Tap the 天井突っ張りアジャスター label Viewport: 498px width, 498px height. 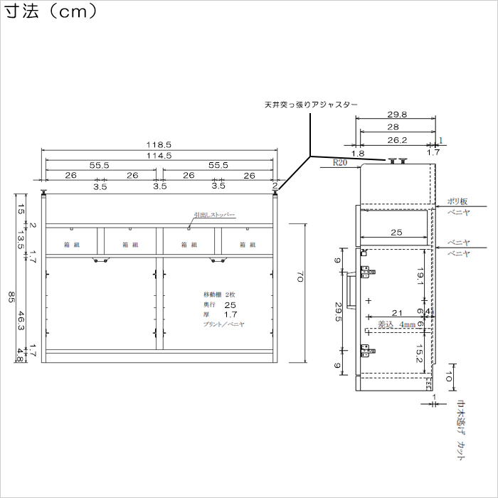click(310, 105)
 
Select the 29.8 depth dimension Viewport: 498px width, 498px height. click(397, 115)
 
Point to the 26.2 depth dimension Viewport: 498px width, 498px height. click(397, 140)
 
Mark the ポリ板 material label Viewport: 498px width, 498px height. click(457, 201)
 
